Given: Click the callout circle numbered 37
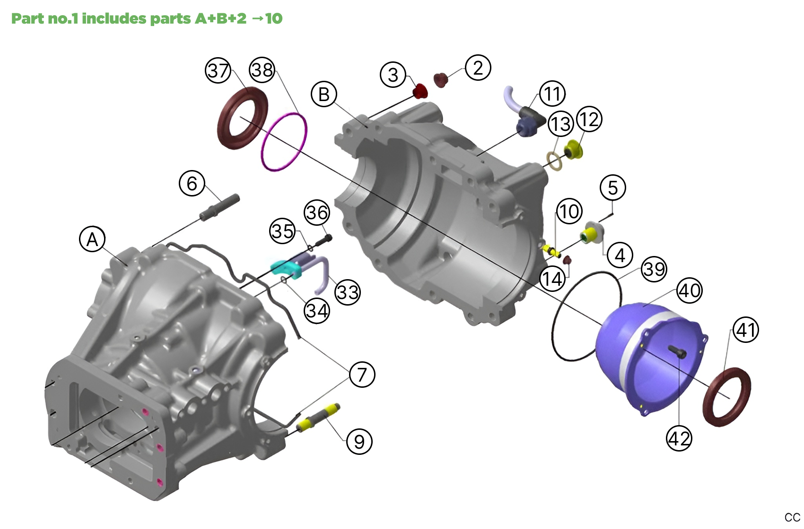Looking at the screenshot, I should [218, 71].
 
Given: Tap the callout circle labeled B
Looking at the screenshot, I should [324, 94].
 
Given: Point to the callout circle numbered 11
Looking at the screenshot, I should [552, 94].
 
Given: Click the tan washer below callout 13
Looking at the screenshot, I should [555, 161].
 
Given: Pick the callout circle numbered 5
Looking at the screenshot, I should [613, 188].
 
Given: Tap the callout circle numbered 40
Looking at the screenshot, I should [689, 290].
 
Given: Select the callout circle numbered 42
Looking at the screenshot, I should [679, 438].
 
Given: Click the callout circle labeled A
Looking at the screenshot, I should [92, 239].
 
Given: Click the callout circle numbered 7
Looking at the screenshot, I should [362, 375].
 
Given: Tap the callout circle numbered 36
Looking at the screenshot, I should [317, 213].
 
